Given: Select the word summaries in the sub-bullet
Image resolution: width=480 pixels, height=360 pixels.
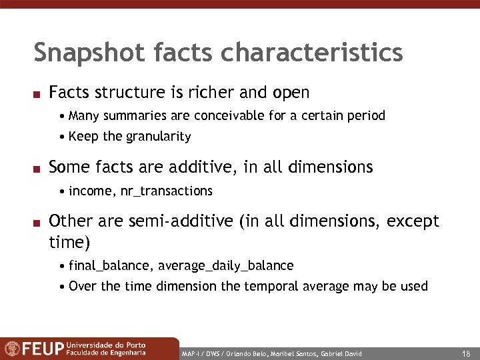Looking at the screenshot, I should pos(134,116).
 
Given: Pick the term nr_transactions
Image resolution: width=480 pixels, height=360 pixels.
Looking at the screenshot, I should pos(167,191).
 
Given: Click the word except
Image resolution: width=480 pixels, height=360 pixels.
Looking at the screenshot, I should pos(414,221).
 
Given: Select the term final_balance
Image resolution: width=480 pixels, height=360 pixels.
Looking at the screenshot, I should pos(111,266).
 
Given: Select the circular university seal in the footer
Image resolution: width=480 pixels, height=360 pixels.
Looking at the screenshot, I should pos(12,349).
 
